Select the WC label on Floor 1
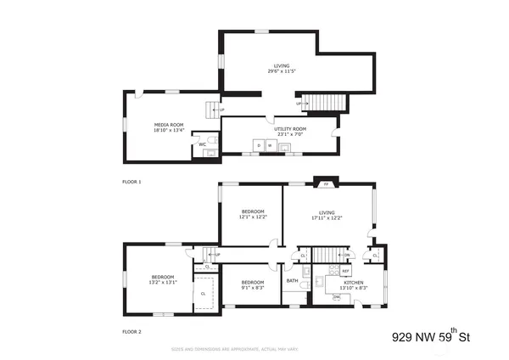pyautogui.click(x=203, y=144)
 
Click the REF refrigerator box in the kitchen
pyautogui.click(x=346, y=271)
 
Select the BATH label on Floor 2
pyautogui.click(x=292, y=281)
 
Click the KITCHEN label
pyautogui.click(x=354, y=282)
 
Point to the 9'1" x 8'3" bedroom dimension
pyautogui.click(x=252, y=289)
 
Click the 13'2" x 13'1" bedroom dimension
pyautogui.click(x=163, y=284)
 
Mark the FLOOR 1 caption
pyautogui.click(x=131, y=182)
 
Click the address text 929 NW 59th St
pyautogui.click(x=431, y=337)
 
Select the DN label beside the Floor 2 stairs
pyautogui.click(x=346, y=255)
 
